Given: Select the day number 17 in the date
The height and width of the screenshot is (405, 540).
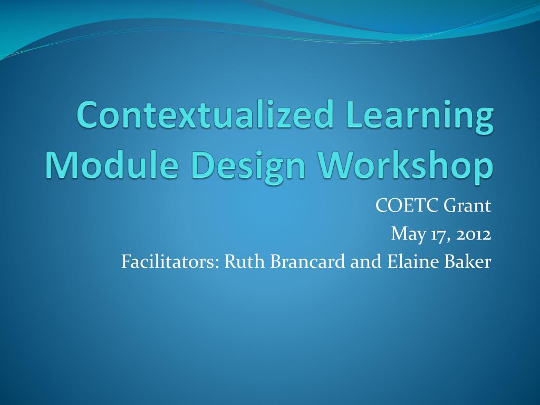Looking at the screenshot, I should point(435,234).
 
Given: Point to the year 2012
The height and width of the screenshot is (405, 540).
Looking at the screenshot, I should point(473,234).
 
